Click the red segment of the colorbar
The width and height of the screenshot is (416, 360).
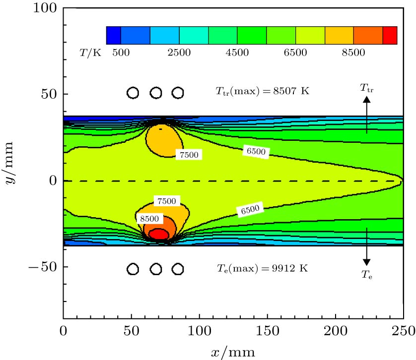point(390,36)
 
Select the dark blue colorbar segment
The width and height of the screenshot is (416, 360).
point(113,36)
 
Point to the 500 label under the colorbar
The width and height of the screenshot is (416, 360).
point(121,53)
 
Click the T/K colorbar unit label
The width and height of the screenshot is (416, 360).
point(90,53)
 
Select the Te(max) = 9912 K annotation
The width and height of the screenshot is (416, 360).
point(262,268)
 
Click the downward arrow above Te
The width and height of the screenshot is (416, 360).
point(366,246)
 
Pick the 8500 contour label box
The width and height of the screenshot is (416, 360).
point(149,218)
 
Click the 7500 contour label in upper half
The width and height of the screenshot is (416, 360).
point(188,155)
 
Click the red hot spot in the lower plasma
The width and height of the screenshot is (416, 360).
point(158,234)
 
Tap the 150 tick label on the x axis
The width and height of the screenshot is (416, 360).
point(267,330)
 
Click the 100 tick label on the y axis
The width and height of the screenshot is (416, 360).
point(45,8)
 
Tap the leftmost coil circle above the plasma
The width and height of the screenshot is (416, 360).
point(133,93)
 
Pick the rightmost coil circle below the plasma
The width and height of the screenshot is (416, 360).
point(178,269)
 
